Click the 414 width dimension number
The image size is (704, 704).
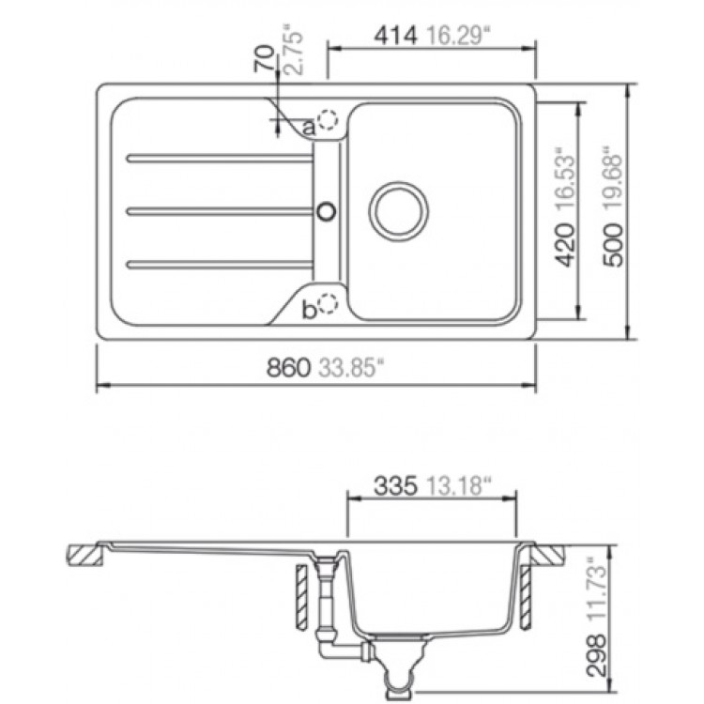pyautogui.click(x=396, y=37)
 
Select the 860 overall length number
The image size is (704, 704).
pyautogui.click(x=289, y=368)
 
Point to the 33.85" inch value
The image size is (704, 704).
pyautogui.click(x=352, y=368)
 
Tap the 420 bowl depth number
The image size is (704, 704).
pyautogui.click(x=564, y=245)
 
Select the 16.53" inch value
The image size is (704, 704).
pyautogui.click(x=564, y=177)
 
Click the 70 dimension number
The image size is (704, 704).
pyautogui.click(x=264, y=58)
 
